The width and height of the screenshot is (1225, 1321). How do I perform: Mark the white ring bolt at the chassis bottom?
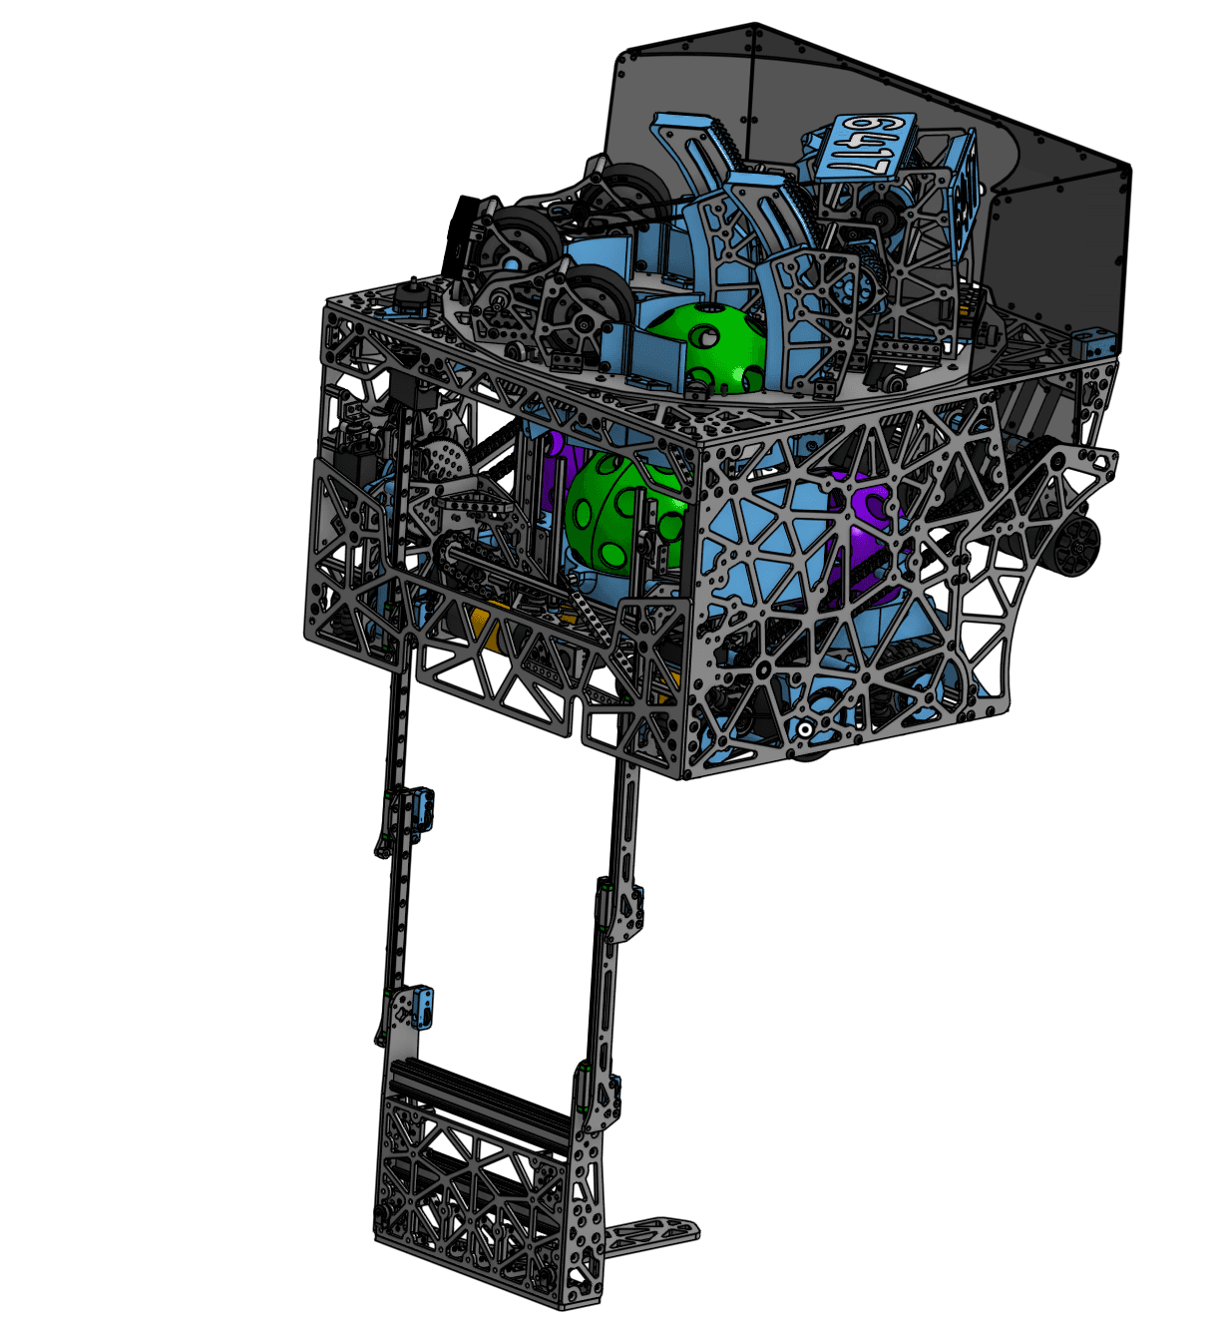click(x=804, y=730)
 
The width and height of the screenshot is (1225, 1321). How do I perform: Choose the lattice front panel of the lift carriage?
click(x=479, y=1197)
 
